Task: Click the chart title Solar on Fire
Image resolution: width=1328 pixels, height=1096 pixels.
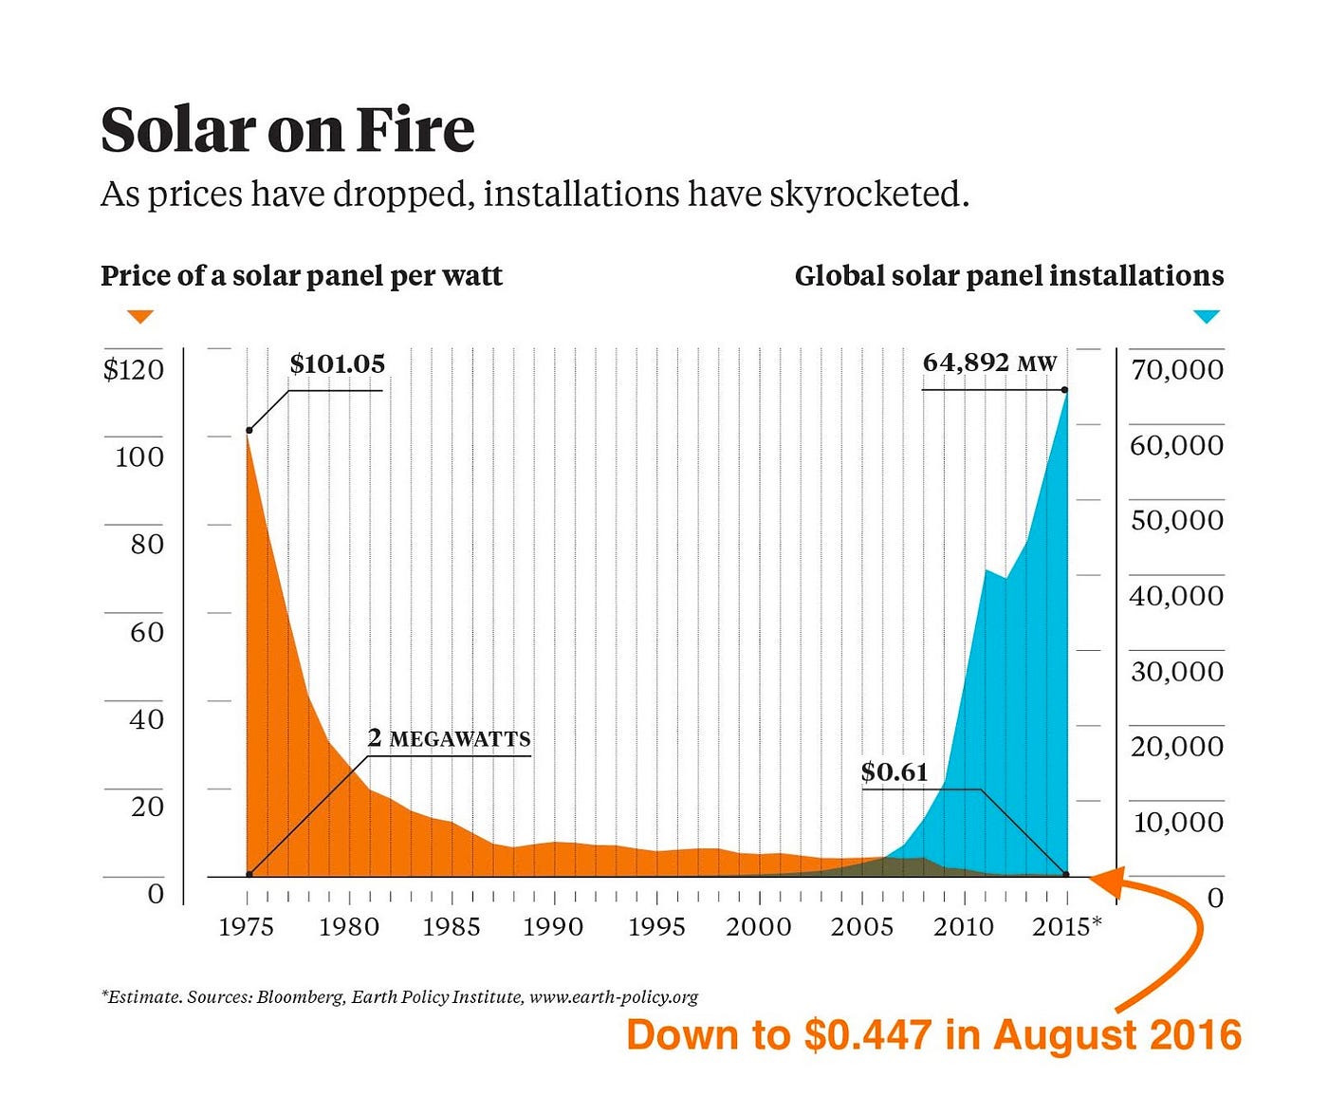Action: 287,130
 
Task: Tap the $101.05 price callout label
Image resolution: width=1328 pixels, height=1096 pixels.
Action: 337,364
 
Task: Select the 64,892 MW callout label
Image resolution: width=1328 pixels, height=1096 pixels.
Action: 989,362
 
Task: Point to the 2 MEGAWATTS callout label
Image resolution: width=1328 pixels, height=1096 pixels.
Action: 449,738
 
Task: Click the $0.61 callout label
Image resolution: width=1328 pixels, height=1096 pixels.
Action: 894,772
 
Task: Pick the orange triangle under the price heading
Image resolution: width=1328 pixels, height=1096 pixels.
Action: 140,317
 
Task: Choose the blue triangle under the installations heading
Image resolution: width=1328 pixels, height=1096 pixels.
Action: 1206,317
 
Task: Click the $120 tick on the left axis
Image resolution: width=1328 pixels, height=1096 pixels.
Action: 134,370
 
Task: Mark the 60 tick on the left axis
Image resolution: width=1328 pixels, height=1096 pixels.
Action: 147,632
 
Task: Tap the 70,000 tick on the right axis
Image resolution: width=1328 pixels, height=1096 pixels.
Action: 1176,370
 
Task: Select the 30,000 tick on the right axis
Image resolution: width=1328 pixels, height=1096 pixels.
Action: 1176,672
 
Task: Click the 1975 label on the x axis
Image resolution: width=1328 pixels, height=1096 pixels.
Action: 247,927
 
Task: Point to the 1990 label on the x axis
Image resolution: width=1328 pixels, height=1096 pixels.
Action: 553,927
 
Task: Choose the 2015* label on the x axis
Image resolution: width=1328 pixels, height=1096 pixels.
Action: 1067,927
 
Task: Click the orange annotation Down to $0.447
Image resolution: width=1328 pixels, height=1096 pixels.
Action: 933,1035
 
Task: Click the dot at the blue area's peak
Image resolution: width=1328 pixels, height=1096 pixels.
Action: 1065,390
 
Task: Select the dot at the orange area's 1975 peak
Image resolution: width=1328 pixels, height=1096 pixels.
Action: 249,431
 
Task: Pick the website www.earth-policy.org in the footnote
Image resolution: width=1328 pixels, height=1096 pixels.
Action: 614,997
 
